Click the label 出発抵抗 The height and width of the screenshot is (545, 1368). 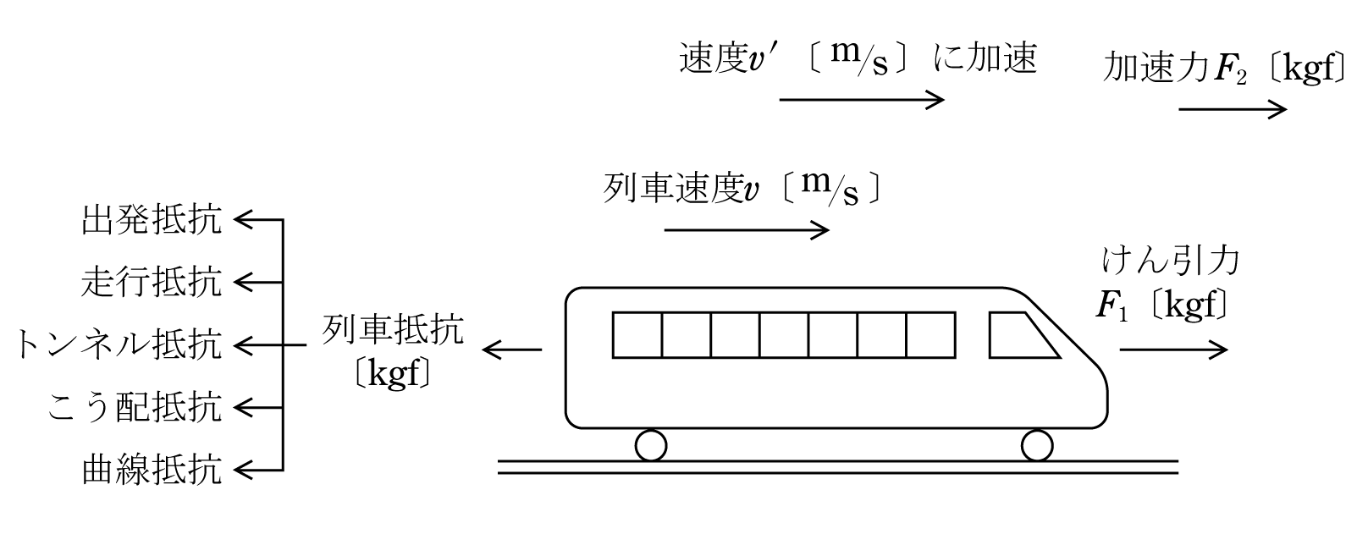click(152, 220)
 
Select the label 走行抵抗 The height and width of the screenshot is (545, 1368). click(152, 283)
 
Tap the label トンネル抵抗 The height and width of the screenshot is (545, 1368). click(118, 345)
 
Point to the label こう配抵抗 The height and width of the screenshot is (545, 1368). click(135, 408)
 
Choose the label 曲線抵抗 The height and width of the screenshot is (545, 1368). click(152, 471)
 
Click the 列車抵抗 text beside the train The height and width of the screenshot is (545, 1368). click(394, 330)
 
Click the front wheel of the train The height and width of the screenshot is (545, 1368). click(1037, 445)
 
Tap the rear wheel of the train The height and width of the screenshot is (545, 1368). click(651, 445)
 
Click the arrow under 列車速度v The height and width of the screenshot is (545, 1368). click(747, 230)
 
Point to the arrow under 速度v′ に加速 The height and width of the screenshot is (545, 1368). click(862, 100)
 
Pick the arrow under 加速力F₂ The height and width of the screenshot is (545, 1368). click(1233, 110)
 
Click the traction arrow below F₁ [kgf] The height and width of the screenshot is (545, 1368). click(1173, 350)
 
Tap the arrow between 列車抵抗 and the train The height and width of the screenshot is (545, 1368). click(512, 350)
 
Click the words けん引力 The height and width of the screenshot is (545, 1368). click(1171, 261)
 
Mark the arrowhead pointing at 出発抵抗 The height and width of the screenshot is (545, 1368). click(243, 220)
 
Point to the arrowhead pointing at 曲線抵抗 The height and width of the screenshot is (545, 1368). click(243, 471)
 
